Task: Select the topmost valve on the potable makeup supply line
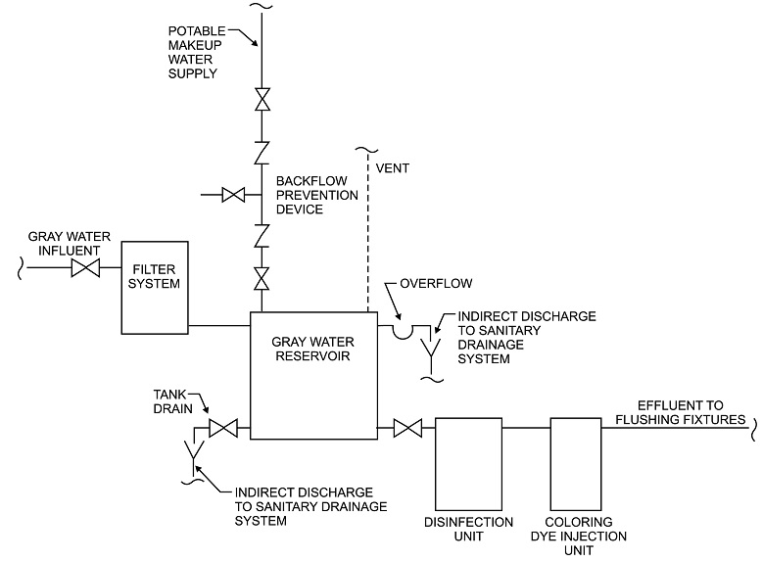point(262,100)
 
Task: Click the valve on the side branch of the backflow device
point(234,195)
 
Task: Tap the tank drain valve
point(224,428)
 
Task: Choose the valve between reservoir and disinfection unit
point(406,428)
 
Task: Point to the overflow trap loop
point(403,332)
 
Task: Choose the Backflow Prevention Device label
point(314,195)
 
